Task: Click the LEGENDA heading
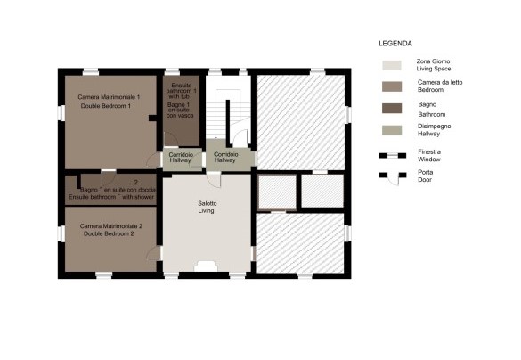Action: (395, 43)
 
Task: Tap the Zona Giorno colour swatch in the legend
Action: (392, 65)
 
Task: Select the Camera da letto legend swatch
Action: (392, 86)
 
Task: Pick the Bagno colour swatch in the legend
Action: (392, 109)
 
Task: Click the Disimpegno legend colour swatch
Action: (392, 130)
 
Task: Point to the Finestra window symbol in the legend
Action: (393, 156)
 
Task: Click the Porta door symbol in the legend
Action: (393, 178)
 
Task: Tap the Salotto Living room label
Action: (207, 207)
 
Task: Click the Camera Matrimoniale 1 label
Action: (109, 97)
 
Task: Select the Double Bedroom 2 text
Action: (109, 233)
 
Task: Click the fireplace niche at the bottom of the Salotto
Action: (206, 266)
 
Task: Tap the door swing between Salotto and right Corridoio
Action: (214, 180)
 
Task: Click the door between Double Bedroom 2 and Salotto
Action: (153, 253)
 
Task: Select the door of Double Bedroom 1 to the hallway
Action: (153, 160)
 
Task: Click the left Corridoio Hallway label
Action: (181, 157)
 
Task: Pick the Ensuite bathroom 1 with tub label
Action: (181, 91)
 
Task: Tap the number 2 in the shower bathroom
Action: (135, 182)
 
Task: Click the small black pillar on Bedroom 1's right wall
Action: (153, 118)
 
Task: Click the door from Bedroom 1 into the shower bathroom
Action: (109, 177)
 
